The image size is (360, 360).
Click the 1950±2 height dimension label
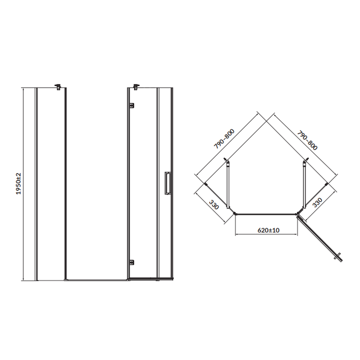[18, 184]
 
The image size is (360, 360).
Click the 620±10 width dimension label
[269, 230]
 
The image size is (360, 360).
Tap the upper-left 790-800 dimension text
[224, 139]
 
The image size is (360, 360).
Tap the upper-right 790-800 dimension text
[307, 140]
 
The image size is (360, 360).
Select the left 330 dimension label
[214, 204]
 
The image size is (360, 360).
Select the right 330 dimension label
[318, 202]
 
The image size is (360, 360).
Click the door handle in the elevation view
[167, 183]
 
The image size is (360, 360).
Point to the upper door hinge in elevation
[131, 105]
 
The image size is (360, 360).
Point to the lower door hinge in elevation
[131, 262]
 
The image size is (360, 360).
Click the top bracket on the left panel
[58, 87]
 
